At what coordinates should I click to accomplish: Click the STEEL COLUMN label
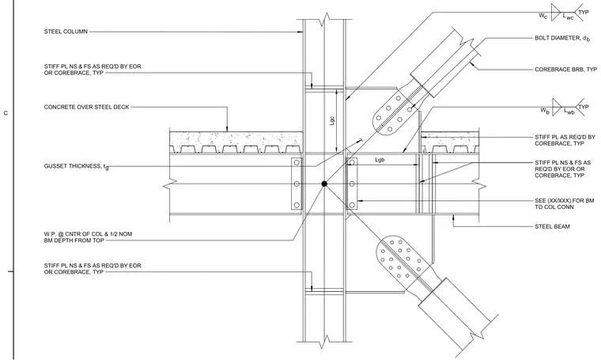tap(66, 32)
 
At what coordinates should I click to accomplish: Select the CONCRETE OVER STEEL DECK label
tap(87, 107)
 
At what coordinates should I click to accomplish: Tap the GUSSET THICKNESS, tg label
tap(76, 166)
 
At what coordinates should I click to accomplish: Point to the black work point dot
tap(324, 184)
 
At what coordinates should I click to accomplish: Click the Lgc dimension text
tap(332, 121)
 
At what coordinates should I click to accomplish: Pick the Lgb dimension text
tap(380, 160)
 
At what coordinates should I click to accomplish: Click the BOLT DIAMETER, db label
tap(562, 38)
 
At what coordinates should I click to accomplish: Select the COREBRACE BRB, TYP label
tap(565, 70)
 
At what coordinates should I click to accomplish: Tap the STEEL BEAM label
tap(552, 226)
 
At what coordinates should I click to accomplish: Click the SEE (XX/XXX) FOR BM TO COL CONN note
tap(564, 203)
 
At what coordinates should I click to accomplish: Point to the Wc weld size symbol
tap(543, 16)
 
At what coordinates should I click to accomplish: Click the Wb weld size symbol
tap(545, 111)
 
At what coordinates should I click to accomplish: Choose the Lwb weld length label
tap(569, 112)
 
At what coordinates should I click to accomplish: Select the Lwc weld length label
tap(568, 17)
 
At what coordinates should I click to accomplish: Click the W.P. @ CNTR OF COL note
tap(88, 237)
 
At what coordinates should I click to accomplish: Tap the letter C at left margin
tap(6, 113)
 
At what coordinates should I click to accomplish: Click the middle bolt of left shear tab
tap(297, 184)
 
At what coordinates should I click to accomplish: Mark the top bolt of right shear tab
tap(352, 163)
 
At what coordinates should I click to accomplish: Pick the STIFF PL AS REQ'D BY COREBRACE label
tap(565, 140)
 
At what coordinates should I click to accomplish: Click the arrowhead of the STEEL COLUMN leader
tap(301, 32)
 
